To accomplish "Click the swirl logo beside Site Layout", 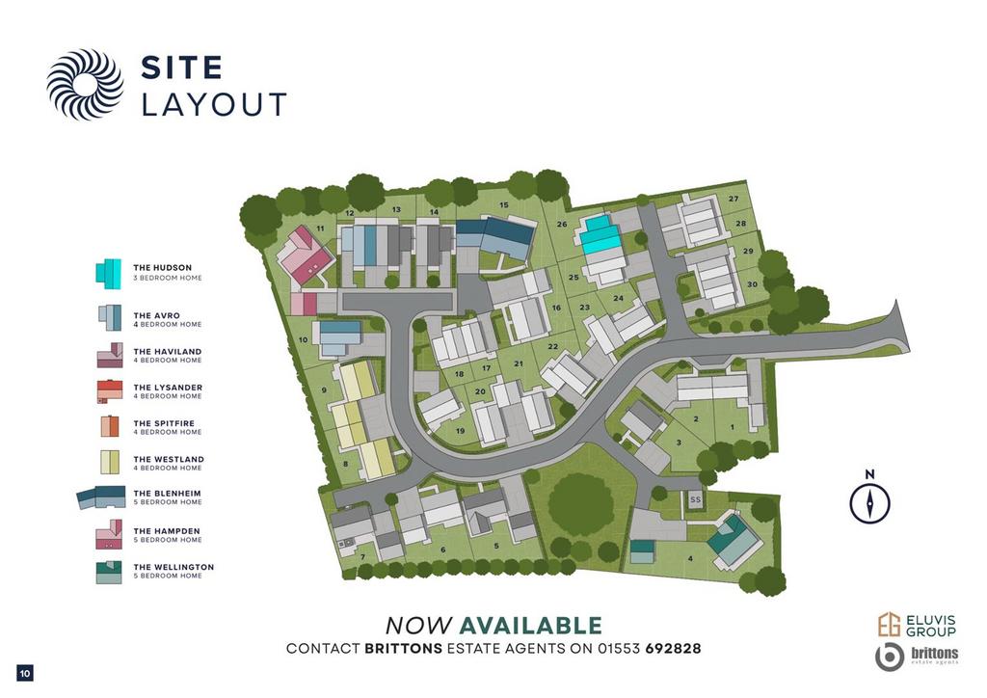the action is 85,84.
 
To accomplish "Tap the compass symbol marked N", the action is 869,502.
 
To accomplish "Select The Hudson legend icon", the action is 108,272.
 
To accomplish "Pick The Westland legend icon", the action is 109,463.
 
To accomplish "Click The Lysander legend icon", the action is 109,390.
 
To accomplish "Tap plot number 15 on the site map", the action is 503,205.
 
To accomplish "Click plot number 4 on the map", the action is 690,559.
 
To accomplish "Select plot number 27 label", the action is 734,199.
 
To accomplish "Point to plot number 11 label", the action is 320,228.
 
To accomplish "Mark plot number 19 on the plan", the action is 461,431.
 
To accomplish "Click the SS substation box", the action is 695,500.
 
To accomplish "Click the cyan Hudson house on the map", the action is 600,234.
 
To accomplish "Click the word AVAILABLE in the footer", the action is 530,626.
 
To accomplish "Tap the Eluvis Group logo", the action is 917,625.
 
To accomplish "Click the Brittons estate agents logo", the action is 917,657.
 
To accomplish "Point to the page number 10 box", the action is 25,672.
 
